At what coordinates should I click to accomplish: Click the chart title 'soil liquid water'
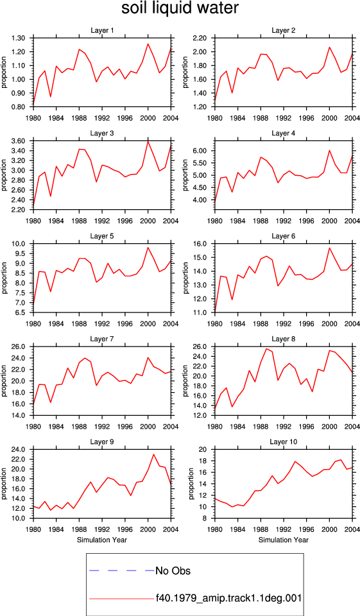click(180, 8)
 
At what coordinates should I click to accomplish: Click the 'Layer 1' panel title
click(102, 30)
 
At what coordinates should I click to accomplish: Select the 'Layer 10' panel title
click(284, 441)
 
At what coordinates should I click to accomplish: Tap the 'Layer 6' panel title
click(284, 235)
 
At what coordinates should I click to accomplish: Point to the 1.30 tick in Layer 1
click(19, 38)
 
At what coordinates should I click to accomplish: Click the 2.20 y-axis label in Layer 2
click(200, 38)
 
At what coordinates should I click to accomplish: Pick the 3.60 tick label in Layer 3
click(19, 141)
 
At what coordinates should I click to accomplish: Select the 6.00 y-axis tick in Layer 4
click(200, 151)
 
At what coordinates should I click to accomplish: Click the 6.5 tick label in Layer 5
click(21, 312)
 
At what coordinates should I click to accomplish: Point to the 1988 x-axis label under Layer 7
click(80, 426)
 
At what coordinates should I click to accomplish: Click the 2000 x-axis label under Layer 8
click(330, 426)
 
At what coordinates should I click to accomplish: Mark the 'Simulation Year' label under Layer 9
click(102, 540)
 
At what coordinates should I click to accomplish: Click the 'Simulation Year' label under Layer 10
click(284, 540)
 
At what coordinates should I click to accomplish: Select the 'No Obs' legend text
click(173, 570)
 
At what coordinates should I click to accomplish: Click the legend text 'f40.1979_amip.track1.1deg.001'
click(228, 598)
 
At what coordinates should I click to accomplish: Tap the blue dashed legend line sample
click(122, 570)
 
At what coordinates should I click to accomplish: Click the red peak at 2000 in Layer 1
click(148, 44)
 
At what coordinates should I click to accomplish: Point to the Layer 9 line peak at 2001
click(153, 454)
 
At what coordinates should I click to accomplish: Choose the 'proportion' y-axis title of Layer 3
click(4, 175)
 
